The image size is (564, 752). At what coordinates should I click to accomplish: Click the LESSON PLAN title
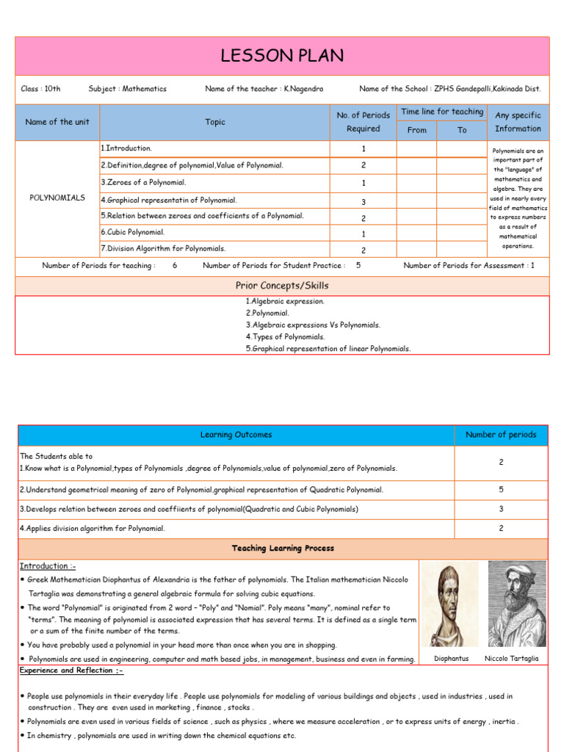282,56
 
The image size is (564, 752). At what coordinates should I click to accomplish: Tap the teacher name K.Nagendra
303,89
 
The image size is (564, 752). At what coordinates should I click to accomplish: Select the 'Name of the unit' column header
57,122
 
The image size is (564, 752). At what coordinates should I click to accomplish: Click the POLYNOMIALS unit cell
57,198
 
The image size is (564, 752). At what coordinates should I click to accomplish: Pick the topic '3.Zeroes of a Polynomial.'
144,182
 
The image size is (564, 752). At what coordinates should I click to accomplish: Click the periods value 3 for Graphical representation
363,201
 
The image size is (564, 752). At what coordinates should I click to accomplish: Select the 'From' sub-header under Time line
416,130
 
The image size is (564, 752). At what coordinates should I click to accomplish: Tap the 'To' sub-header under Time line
462,130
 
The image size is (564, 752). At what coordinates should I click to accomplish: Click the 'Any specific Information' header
518,122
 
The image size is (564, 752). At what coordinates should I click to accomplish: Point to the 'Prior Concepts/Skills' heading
282,286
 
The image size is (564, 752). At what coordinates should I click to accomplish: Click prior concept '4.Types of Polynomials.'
285,336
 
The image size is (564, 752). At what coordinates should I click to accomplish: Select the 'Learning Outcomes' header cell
236,435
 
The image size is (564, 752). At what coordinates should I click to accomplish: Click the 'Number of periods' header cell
501,435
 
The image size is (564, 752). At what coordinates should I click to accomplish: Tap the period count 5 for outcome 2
501,489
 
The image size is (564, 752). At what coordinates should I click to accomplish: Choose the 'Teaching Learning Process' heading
283,548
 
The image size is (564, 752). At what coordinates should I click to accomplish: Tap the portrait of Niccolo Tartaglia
516,604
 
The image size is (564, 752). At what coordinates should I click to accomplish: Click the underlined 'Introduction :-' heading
48,566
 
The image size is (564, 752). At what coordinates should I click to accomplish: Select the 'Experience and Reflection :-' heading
71,670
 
